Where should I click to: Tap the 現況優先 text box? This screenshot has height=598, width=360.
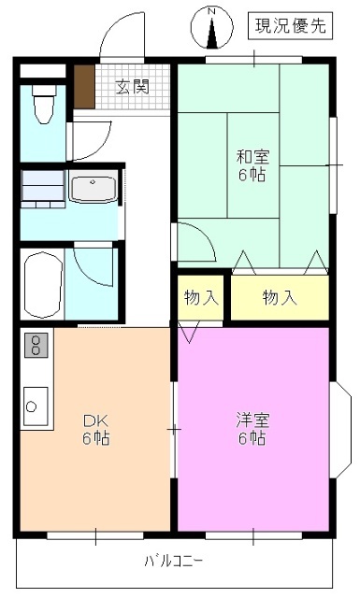point(289,27)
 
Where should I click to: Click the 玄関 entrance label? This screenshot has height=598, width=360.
point(133,88)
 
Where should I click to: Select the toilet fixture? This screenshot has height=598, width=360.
point(43,104)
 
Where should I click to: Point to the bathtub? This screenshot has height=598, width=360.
point(43,284)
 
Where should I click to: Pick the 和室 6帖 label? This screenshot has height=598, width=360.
point(250,165)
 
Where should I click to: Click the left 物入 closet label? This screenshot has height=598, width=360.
point(201,298)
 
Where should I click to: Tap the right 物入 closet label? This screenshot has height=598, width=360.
point(280,298)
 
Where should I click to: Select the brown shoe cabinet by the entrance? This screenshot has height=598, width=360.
point(85,88)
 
